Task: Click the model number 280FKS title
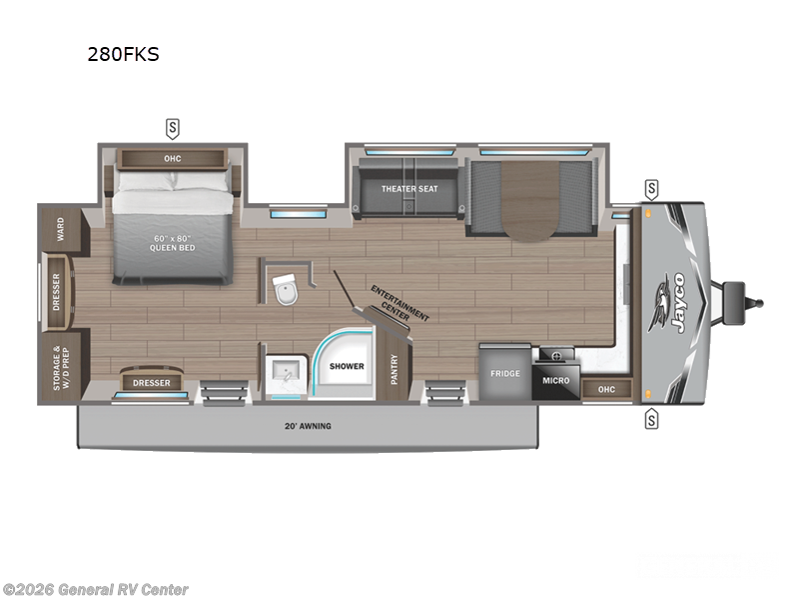coord(124,54)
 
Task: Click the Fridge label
coord(504,373)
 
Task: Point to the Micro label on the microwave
coord(556,380)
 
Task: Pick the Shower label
coord(348,366)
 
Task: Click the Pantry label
coord(395,369)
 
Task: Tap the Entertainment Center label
coord(400,304)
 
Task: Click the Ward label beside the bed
coord(60,228)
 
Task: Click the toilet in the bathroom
coord(286,288)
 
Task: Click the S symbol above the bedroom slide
coord(173,128)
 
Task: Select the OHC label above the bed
coord(173,158)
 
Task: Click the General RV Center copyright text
coord(96,589)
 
